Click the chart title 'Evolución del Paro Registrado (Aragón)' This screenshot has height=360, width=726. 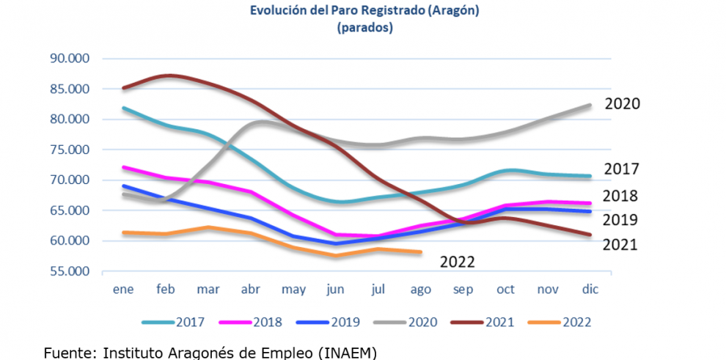[364, 12]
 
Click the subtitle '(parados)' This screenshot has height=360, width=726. [364, 29]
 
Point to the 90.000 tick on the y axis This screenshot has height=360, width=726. [68, 59]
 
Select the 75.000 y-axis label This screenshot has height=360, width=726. [68, 150]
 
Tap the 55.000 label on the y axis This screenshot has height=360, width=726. [68, 271]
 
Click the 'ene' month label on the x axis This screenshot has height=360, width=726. [122, 290]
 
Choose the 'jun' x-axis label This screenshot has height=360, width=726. [336, 290]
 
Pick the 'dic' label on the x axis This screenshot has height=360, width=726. [590, 290]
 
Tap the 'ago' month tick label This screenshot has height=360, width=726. [420, 290]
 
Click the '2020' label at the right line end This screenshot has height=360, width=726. [622, 104]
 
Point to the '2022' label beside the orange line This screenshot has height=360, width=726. [457, 262]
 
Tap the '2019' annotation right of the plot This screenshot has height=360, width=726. [620, 220]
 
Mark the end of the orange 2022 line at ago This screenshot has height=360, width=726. [421, 252]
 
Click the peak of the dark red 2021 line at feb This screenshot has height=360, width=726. [168, 75]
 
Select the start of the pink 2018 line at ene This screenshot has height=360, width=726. [123, 167]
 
